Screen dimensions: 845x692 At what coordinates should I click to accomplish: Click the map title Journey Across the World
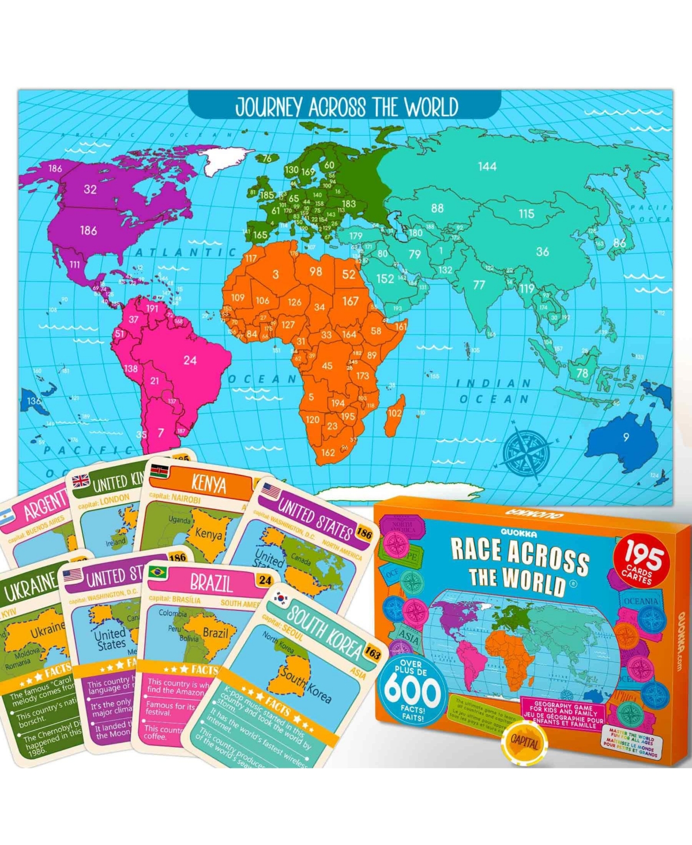click(347, 108)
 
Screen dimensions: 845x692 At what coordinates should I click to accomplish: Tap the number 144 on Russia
click(487, 167)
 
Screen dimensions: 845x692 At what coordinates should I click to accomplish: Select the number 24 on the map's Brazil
click(190, 361)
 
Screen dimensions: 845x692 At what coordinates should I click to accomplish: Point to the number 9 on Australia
click(626, 437)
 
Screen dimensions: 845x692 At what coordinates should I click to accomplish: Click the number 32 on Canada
click(90, 190)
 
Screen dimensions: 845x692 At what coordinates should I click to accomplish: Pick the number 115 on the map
click(526, 214)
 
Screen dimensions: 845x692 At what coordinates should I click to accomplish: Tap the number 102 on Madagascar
click(394, 413)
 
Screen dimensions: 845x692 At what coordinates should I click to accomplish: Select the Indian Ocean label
click(494, 391)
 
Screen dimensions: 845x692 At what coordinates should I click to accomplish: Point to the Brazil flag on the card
click(157, 572)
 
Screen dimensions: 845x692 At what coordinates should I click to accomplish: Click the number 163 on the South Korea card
click(373, 653)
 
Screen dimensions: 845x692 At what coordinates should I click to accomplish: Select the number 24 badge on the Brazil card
click(265, 580)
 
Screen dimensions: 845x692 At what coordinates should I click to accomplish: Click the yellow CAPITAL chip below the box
click(524, 743)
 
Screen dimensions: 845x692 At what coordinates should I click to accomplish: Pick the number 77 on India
click(479, 285)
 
